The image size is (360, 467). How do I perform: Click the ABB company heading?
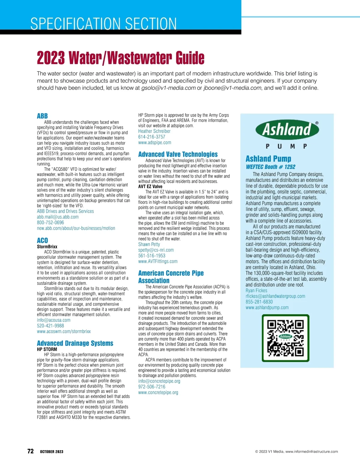point(42,116)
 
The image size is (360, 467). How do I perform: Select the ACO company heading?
point(42,240)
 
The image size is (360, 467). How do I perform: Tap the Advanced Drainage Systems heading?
point(75,343)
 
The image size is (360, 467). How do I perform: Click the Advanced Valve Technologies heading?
point(178,154)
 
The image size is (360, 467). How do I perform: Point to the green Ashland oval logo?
point(287,129)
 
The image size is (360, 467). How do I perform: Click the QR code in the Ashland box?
point(285,338)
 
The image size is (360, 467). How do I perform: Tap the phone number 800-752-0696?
point(50,222)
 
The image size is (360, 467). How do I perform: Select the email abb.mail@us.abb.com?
point(58,217)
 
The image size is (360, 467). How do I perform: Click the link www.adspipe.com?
point(154,143)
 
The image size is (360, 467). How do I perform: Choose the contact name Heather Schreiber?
point(154,131)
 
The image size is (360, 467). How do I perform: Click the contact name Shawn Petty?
point(149,244)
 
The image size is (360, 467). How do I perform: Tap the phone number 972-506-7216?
point(152,387)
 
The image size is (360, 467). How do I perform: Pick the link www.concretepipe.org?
point(158,392)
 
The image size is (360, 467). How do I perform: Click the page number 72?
point(31,451)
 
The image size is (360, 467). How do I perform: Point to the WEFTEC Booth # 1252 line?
point(271,167)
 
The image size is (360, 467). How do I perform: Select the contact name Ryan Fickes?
point(256,290)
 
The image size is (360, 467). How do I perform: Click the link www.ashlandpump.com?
point(267,308)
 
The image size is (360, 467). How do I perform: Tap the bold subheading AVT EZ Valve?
point(150,186)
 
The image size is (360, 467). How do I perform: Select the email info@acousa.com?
point(54,320)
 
